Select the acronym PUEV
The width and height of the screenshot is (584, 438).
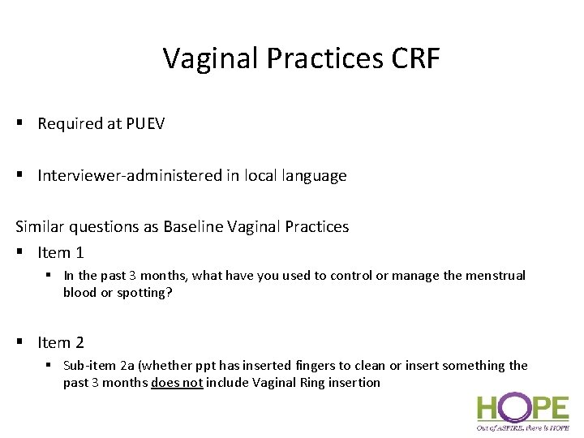(145, 124)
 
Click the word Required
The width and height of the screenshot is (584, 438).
(70, 124)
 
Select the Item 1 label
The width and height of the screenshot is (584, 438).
(61, 253)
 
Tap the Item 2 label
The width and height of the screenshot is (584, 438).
(61, 343)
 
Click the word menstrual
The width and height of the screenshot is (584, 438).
(495, 276)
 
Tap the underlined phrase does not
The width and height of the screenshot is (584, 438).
(176, 383)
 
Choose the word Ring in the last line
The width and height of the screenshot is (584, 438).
(309, 383)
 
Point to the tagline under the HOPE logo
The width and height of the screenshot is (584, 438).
(522, 427)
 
